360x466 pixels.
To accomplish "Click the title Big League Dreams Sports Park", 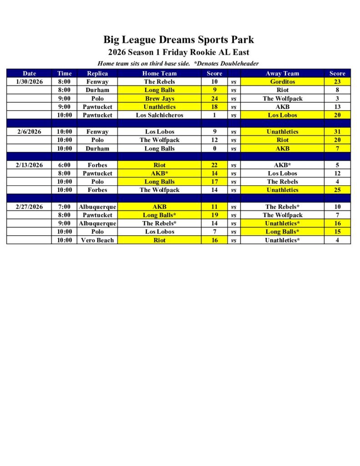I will (x=178, y=40).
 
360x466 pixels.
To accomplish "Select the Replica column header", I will (x=97, y=73).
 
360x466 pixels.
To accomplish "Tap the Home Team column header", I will (x=159, y=73).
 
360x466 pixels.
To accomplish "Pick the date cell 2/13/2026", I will (x=29, y=165).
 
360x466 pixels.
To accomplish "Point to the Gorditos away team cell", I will (x=282, y=82).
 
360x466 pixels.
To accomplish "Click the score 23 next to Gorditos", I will (x=337, y=82).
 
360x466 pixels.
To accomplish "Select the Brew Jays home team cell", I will (x=159, y=99).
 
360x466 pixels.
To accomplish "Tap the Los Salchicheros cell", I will (x=159, y=115).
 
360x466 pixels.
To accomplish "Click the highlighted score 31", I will (x=337, y=132).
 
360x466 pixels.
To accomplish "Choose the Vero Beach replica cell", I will (x=97, y=240).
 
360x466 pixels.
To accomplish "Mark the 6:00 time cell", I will (x=64, y=165).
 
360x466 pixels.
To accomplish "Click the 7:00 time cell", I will (x=64, y=207).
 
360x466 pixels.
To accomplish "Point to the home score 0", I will (x=214, y=148).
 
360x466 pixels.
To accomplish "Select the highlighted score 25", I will (x=337, y=190).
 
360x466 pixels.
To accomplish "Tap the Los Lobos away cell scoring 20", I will (x=282, y=115).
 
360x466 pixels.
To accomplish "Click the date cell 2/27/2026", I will (x=29, y=207).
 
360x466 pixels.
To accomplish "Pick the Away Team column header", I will (x=282, y=73).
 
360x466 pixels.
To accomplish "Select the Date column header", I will (x=29, y=73).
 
